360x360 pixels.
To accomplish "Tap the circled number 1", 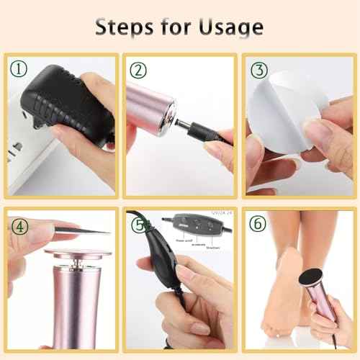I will pyautogui.click(x=17, y=69).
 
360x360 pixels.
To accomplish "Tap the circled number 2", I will pyautogui.click(x=138, y=70).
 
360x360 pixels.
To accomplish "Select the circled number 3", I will pyautogui.click(x=256, y=71).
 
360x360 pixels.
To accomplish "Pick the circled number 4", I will pyautogui.click(x=18, y=225).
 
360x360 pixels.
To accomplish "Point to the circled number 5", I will pyautogui.click(x=138, y=225).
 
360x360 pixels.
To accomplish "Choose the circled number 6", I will pyautogui.click(x=257, y=225).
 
